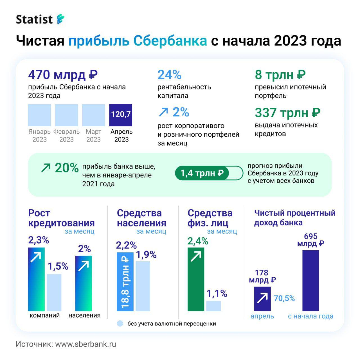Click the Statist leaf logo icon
pyautogui.click(x=60, y=19)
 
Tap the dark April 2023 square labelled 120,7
pyautogui.click(x=121, y=115)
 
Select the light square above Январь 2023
pyautogui.click(x=39, y=115)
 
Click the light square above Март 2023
pyautogui.click(x=93, y=115)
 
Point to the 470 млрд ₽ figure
pyautogui.click(x=63, y=75)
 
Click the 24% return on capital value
pyautogui.click(x=169, y=75)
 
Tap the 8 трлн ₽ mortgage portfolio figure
pyautogui.click(x=280, y=75)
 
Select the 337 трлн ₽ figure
pyautogui.click(x=287, y=113)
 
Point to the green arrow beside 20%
pyautogui.click(x=46, y=168)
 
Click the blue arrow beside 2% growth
pyautogui.click(x=163, y=112)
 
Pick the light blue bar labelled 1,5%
pyautogui.click(x=54, y=292)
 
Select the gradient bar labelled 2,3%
pyautogui.click(x=36, y=279)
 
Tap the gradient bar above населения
pyautogui.click(x=84, y=283)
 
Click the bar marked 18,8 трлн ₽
pyautogui.click(x=125, y=281)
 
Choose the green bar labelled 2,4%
pyautogui.click(x=196, y=279)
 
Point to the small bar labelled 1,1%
pyautogui.click(x=213, y=306)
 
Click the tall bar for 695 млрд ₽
pyautogui.click(x=310, y=280)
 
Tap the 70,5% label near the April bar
pyautogui.click(x=284, y=298)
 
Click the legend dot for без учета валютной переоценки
pyautogui.click(x=120, y=323)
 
